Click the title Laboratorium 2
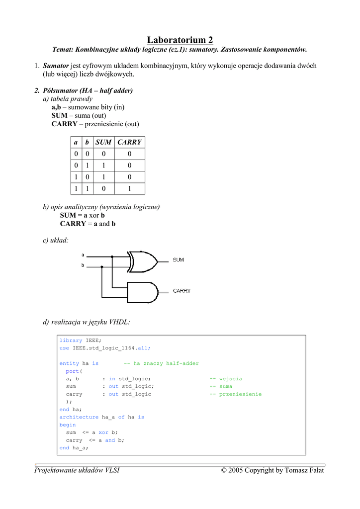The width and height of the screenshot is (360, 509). (x=180, y=40)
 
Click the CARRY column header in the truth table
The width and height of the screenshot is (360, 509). (x=129, y=142)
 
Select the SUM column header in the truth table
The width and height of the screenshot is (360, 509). (x=103, y=142)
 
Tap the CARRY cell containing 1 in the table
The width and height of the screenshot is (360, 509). (x=129, y=188)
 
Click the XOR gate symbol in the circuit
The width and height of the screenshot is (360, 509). (x=142, y=261)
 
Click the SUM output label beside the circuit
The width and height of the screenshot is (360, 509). (x=179, y=260)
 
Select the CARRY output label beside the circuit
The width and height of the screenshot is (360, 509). (x=181, y=291)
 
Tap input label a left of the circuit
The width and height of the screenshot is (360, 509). (x=83, y=255)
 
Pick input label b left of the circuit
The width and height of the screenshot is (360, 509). (x=83, y=266)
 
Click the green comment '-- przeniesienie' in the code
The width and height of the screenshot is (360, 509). (x=235, y=394)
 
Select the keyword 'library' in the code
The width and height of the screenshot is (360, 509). (x=71, y=340)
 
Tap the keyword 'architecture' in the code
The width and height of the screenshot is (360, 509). (x=79, y=417)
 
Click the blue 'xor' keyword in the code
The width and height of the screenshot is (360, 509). (x=103, y=432)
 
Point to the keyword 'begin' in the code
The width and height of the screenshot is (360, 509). (x=68, y=425)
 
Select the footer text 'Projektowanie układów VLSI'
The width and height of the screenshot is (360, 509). (x=77, y=470)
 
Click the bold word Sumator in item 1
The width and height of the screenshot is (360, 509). (x=56, y=66)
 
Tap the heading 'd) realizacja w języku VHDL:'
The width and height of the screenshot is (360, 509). (x=87, y=323)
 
